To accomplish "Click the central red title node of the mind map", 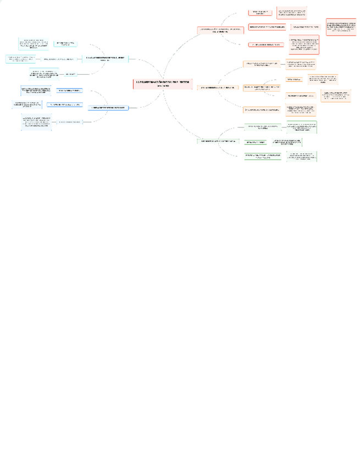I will (x=163, y=84).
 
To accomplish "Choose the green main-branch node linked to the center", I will (x=219, y=142).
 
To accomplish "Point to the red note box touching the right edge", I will (x=341, y=26).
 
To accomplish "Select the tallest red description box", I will (x=303, y=45).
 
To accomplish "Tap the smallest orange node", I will (x=293, y=80).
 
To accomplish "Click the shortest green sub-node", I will (x=256, y=142).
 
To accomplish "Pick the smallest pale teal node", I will (x=70, y=74).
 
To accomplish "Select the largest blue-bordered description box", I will (x=37, y=121).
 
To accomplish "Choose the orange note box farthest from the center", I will (x=336, y=96).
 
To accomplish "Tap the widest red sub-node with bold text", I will (x=267, y=27).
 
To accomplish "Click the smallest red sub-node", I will (x=260, y=12).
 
